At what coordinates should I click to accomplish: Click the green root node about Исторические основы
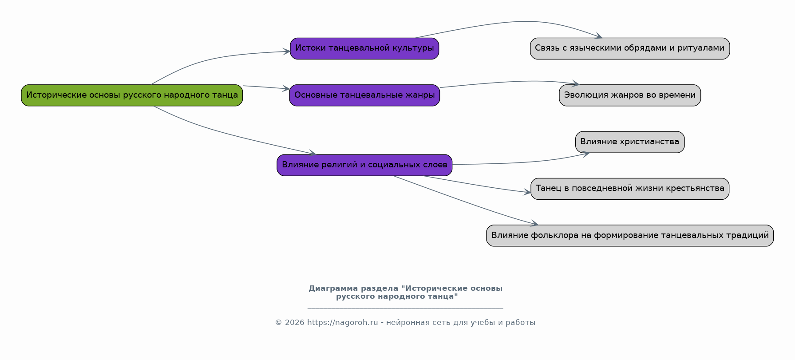click(132, 95)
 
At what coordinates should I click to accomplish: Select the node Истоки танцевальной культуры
click(364, 48)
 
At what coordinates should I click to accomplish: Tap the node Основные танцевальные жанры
click(364, 95)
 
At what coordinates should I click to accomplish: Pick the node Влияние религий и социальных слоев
click(364, 165)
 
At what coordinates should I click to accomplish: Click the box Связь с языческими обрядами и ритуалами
click(629, 48)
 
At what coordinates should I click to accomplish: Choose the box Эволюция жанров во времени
click(629, 95)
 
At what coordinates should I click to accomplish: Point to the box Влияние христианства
click(629, 142)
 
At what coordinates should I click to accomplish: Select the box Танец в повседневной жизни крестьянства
click(629, 189)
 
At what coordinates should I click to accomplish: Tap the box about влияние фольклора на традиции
click(629, 235)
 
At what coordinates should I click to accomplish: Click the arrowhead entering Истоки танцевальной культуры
click(287, 51)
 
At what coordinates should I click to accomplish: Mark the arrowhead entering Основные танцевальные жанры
click(286, 89)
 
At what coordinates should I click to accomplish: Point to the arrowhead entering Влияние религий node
click(312, 154)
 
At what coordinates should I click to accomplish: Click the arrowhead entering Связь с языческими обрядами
click(599, 36)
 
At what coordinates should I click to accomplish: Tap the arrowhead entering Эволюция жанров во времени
click(576, 83)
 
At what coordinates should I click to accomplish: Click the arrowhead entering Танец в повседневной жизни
click(527, 192)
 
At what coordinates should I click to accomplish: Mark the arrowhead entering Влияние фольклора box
click(535, 224)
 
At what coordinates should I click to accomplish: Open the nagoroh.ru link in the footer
click(342, 323)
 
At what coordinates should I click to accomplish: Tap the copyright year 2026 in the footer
click(294, 323)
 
